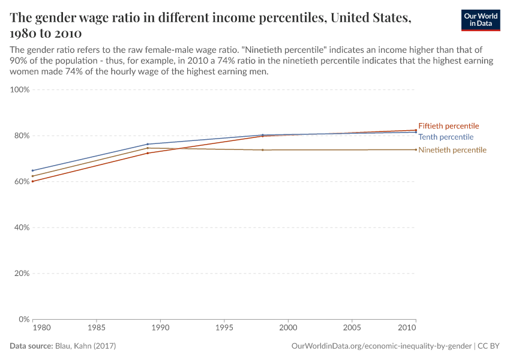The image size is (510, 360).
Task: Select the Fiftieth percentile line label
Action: coord(448,126)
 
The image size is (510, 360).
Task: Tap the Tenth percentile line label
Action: coord(446,137)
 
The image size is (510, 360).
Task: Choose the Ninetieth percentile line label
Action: coord(452,150)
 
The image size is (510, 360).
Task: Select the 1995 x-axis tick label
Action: coord(224,328)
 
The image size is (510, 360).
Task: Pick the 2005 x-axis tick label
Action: coord(352,328)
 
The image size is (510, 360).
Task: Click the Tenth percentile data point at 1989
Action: coord(148,144)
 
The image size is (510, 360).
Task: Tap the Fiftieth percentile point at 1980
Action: coord(32,181)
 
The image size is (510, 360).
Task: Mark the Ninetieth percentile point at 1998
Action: coord(263,150)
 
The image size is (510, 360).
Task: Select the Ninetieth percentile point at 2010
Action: coord(416,149)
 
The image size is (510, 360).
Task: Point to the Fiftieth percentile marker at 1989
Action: coord(148,153)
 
